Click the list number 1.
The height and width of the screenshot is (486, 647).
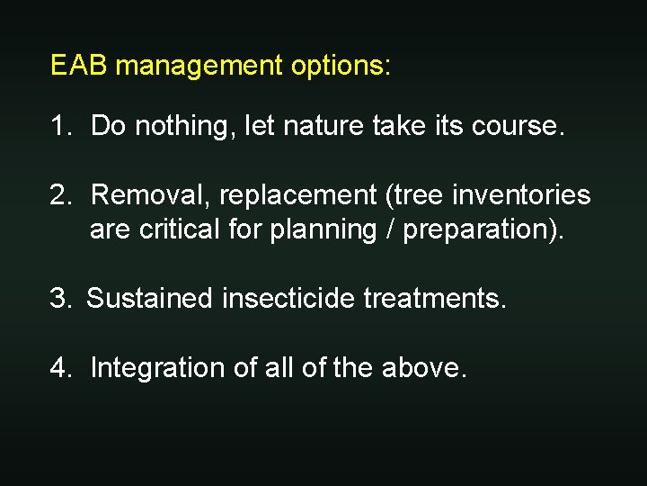(59, 126)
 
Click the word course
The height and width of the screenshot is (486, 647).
(521, 126)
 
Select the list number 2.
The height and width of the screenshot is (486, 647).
(59, 194)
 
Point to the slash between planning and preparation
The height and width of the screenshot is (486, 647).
(389, 229)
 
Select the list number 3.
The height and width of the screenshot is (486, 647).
(59, 298)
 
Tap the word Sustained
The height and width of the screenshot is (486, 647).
(150, 298)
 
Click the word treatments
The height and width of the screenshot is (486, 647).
(435, 298)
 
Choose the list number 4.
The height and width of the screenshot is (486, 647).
(59, 367)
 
